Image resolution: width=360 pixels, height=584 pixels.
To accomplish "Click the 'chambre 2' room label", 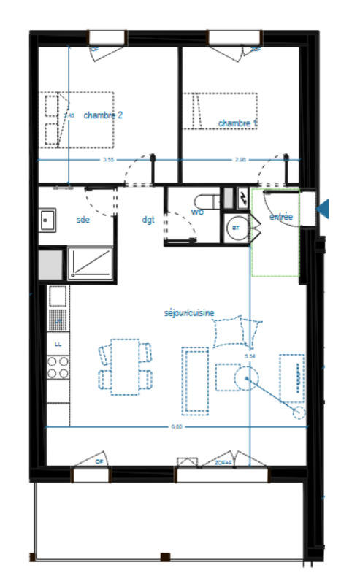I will [x=103, y=115].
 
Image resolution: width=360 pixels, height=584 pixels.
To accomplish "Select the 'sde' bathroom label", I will [x=83, y=219].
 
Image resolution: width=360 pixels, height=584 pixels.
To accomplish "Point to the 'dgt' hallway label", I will [x=148, y=219].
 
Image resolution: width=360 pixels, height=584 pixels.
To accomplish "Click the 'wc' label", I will [x=197, y=212].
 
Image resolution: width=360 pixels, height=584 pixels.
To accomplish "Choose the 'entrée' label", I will [x=281, y=217].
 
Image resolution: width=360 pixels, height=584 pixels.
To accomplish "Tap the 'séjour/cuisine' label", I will [x=189, y=312].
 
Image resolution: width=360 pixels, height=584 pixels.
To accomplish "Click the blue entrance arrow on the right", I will [x=323, y=210].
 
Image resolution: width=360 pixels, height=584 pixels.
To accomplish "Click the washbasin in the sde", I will [x=48, y=218].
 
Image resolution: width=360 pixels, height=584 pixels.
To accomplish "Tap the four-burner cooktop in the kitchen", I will [x=58, y=366].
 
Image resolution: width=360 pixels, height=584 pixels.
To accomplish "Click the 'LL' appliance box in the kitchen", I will [x=58, y=342].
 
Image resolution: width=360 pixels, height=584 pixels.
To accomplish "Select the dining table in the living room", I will [x=126, y=366].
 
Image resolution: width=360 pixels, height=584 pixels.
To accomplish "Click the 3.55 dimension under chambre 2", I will [x=108, y=159].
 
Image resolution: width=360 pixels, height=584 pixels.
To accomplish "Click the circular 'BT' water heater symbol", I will [x=236, y=228].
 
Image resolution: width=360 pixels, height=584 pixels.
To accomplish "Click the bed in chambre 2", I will [x=79, y=120].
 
